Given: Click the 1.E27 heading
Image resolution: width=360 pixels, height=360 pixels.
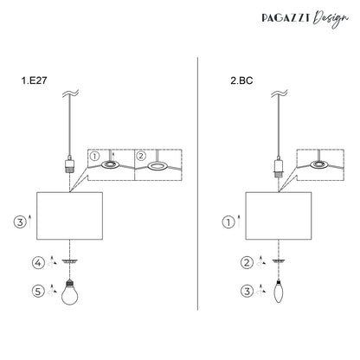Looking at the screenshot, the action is click(34, 80).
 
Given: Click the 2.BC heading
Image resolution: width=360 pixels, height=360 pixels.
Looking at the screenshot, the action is click(241, 80).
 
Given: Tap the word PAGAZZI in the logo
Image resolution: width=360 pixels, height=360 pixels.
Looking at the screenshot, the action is click(286, 18).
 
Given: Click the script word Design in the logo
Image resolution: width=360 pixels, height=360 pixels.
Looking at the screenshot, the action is click(331, 19).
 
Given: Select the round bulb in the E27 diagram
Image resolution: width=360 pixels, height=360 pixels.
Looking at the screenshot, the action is click(70, 292).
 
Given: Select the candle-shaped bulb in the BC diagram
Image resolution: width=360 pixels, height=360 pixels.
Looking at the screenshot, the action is click(279, 292).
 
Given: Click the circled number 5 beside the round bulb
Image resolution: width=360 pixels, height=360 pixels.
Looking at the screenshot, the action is click(38, 291).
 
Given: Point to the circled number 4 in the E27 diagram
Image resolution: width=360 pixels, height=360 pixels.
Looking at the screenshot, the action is click(38, 263).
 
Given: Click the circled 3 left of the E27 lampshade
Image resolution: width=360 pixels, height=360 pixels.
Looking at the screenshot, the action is click(20, 222).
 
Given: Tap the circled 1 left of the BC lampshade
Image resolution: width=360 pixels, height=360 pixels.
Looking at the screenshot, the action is click(228, 222).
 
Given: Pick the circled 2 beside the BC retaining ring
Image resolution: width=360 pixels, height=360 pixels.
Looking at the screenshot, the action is click(247, 263).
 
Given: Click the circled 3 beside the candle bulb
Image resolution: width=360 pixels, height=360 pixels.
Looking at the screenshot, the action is click(247, 291).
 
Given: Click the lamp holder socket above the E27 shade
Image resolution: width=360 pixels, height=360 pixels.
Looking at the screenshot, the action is click(69, 164).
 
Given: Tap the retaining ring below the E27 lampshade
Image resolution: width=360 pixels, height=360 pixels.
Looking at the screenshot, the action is click(70, 261).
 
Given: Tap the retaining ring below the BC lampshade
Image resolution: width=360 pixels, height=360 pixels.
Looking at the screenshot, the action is click(279, 261).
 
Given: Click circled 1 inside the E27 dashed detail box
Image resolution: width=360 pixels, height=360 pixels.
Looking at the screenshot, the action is click(94, 157).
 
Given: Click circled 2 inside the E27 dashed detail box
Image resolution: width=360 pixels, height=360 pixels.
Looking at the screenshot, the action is click(141, 156).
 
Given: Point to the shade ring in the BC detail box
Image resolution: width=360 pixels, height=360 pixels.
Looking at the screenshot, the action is click(320, 164).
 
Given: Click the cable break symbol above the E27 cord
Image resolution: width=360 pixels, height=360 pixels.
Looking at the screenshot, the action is click(70, 93).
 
